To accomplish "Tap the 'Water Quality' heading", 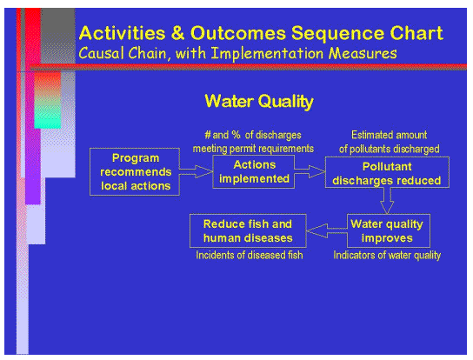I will [x=258, y=102].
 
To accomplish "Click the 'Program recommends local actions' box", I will [x=135, y=171].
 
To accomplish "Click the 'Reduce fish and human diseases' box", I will [x=248, y=230].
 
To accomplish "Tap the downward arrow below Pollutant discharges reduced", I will [x=390, y=201].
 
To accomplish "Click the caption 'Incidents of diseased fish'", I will [x=248, y=255].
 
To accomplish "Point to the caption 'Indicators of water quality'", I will [x=388, y=255].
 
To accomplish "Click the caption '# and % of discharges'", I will [x=252, y=135].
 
